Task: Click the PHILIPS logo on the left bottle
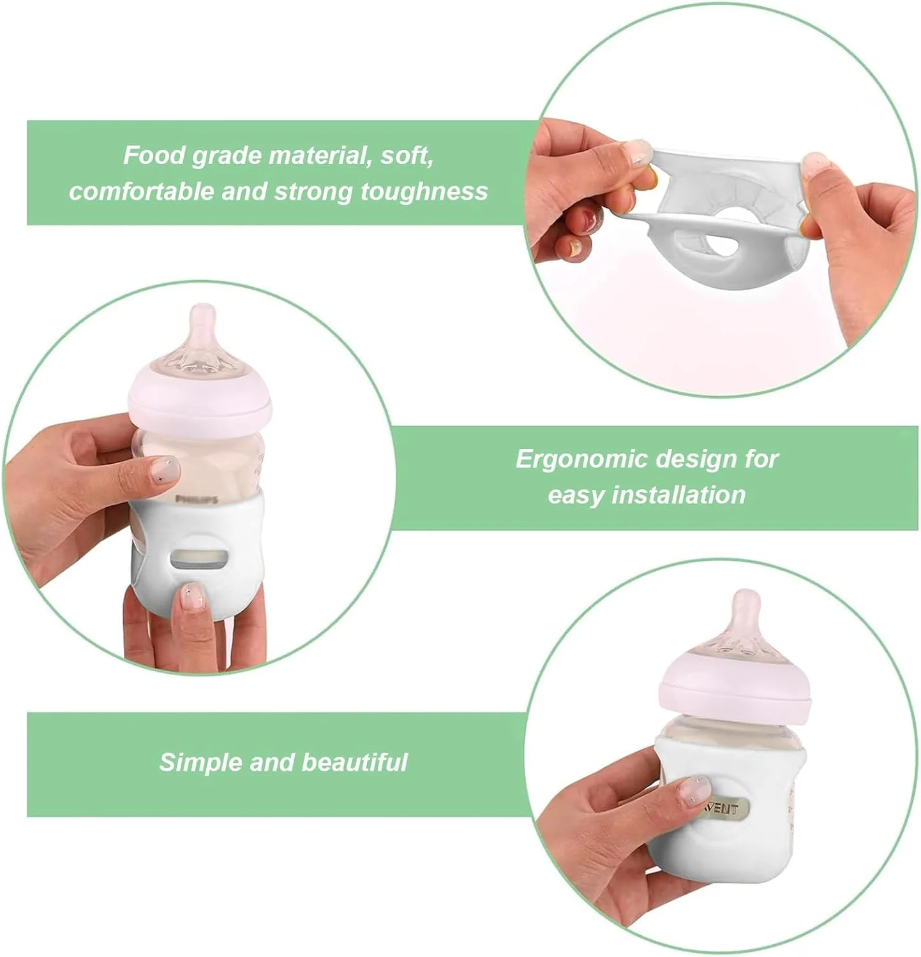[x=197, y=499]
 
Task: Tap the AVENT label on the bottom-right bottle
[x=723, y=809]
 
